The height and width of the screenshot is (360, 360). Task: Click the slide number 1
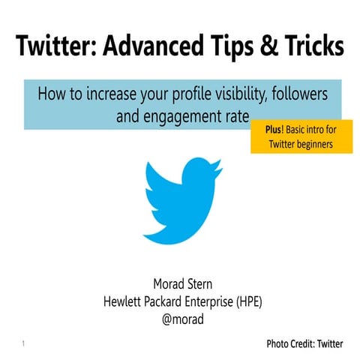24,345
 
